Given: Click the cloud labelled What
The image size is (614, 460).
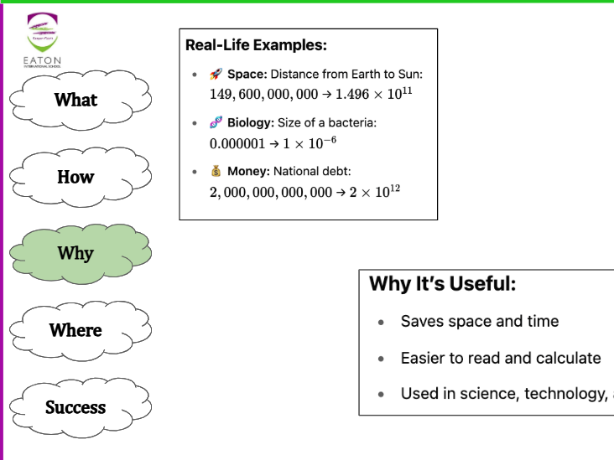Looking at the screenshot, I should coord(75,100).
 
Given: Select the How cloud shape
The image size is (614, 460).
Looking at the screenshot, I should coord(75,177).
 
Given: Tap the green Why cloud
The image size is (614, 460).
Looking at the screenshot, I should coord(75,253).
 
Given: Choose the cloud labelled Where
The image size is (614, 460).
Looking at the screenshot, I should coord(75,330).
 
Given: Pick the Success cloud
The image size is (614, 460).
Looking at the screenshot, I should coord(75,407).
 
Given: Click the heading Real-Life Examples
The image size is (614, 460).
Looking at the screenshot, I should coord(256,45).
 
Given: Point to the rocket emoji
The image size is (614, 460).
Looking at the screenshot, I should coord(216,75).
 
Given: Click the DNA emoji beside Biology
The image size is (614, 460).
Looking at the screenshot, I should coord(216,123).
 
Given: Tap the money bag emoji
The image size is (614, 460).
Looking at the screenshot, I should coord(216,172).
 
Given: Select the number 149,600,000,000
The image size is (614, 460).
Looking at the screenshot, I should coord(263,94).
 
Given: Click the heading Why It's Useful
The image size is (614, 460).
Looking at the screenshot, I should coord(442,284).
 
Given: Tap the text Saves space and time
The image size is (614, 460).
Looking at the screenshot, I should coord(479,322).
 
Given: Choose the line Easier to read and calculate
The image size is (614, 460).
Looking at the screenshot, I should coord(500,359).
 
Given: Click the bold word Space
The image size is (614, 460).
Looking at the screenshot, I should coord(247,75).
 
